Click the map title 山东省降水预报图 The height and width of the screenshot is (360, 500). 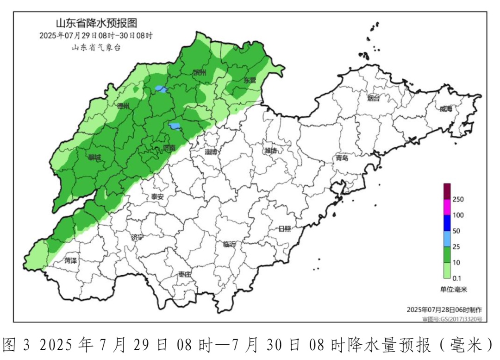96,23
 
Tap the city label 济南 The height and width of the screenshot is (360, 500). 169,148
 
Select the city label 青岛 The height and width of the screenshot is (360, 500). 342,158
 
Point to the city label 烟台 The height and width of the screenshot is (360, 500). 373,98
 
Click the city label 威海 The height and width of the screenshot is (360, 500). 445,109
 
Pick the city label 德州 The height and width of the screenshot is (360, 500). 124,106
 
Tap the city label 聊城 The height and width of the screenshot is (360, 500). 94,158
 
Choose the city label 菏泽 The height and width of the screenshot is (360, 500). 71,260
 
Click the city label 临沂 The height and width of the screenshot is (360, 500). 229,244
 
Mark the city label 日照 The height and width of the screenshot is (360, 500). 285,228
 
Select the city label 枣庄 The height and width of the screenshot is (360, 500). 184,274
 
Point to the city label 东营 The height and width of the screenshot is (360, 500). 250,80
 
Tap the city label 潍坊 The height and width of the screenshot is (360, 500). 271,151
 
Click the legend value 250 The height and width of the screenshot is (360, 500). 458,199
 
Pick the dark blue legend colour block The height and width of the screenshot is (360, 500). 448,223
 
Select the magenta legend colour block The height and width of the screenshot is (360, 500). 448,207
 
